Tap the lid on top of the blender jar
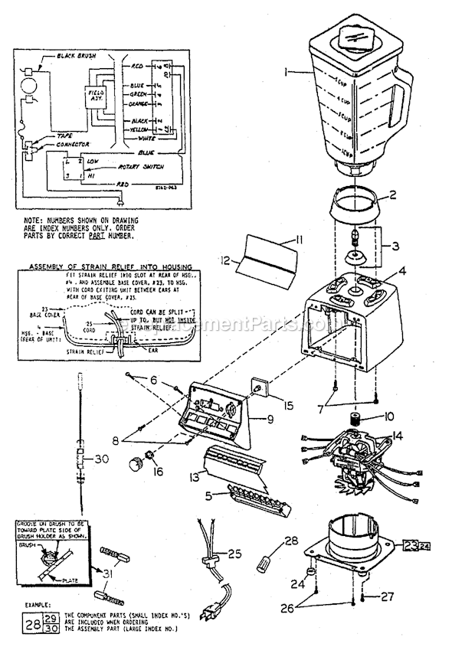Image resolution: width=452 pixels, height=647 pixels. coord(354,36)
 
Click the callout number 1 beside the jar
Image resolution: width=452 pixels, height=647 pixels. coord(285,73)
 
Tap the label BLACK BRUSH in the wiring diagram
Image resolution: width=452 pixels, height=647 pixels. coord(74,57)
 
